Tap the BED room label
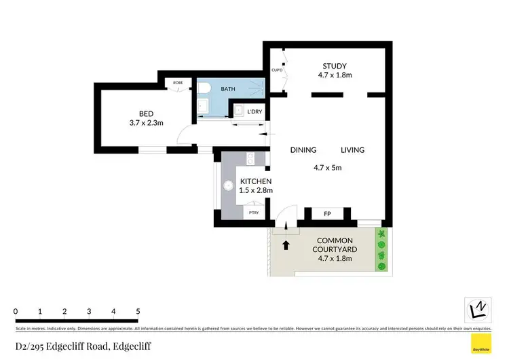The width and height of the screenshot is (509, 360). click(146, 113)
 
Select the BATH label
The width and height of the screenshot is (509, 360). click(228, 89)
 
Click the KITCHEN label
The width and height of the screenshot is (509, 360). click(256, 181)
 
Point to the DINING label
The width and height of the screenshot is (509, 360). click(304, 150)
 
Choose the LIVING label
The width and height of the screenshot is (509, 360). click(352, 150)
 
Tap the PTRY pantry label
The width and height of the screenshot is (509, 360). click(254, 213)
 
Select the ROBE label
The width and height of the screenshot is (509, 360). click(178, 83)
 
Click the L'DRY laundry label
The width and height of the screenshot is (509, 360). click(255, 111)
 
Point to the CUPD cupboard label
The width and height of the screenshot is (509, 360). click(277, 70)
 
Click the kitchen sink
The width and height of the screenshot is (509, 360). click(249, 160)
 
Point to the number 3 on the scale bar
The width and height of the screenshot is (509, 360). click(89, 311)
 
